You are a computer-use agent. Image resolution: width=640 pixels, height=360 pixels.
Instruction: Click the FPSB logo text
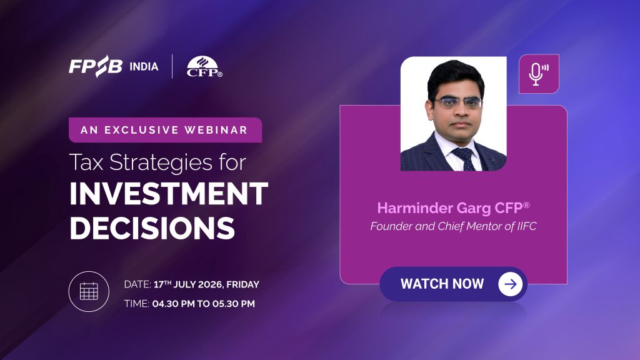pyautogui.click(x=96, y=66)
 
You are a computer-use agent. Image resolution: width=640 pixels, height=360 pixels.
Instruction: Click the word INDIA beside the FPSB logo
pyautogui.click(x=144, y=66)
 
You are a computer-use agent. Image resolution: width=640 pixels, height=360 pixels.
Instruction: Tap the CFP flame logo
pyautogui.click(x=204, y=66)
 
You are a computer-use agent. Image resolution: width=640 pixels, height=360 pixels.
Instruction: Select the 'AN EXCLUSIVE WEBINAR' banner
pyautogui.click(x=165, y=130)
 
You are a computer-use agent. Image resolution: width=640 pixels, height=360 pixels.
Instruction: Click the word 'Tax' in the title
pyautogui.click(x=86, y=162)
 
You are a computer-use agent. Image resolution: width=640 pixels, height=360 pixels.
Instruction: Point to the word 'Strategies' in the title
pyautogui.click(x=161, y=163)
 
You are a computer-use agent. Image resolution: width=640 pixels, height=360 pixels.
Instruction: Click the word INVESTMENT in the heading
pyautogui.click(x=169, y=194)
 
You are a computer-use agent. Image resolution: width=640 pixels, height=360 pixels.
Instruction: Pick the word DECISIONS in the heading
pyautogui.click(x=152, y=227)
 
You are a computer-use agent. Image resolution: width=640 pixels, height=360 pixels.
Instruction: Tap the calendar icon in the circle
pyautogui.click(x=89, y=291)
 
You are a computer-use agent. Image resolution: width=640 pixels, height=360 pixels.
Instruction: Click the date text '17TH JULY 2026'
pyautogui.click(x=188, y=284)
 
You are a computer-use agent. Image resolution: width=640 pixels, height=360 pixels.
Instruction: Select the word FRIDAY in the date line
pyautogui.click(x=243, y=284)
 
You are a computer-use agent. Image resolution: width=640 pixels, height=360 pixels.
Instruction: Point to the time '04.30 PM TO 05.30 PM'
pyautogui.click(x=203, y=304)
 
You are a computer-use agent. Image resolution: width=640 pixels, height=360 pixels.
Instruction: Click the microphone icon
pyautogui.click(x=538, y=74)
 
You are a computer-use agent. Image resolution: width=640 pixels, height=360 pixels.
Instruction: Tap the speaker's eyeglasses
pyautogui.click(x=458, y=102)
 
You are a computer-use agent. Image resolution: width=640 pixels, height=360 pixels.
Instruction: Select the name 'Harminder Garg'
pyautogui.click(x=434, y=207)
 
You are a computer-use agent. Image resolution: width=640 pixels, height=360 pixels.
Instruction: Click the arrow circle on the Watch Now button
pyautogui.click(x=510, y=284)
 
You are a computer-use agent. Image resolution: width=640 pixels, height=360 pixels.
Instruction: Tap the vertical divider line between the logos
pyautogui.click(x=172, y=66)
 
